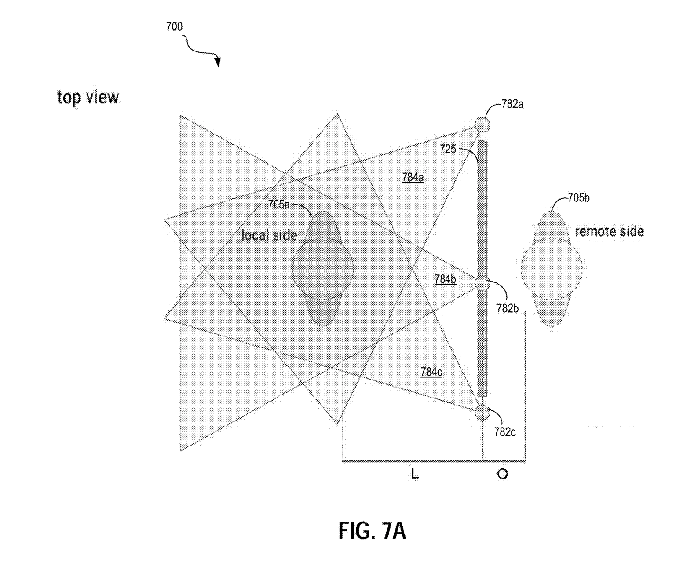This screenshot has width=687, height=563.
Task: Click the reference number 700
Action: (174, 27)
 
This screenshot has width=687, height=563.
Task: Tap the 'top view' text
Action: (88, 97)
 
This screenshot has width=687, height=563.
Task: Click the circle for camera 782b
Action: (482, 283)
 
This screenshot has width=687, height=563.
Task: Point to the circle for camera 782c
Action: (482, 412)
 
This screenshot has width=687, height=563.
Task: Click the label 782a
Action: (512, 105)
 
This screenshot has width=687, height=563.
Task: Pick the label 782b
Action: (508, 308)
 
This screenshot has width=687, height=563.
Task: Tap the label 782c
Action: (504, 432)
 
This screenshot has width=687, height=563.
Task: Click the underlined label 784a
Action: (413, 178)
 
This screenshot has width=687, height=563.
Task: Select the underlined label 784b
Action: (445, 279)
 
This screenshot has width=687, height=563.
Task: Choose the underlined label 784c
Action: (431, 372)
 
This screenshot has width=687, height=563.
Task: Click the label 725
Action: (448, 149)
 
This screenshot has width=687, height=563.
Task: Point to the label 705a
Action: (279, 205)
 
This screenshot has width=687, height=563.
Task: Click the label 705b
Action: (578, 198)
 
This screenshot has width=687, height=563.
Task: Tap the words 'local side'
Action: (269, 235)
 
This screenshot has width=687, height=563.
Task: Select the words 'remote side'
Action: (609, 231)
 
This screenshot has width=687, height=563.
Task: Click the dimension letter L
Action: (414, 474)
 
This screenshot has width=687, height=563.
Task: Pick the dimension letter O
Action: (502, 474)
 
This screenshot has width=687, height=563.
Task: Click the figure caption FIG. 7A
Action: (372, 530)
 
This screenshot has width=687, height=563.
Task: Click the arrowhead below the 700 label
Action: (218, 63)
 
